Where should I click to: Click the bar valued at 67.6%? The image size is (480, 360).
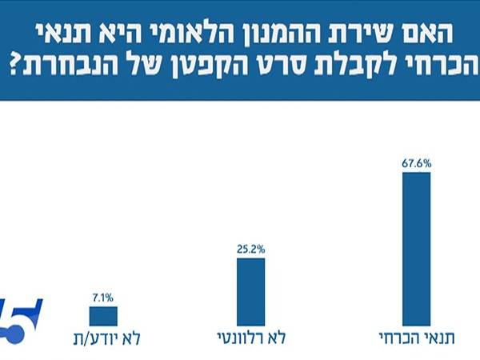[x=416, y=248]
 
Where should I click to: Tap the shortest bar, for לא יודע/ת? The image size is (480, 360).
[x=103, y=315]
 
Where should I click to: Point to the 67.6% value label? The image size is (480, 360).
[x=416, y=163]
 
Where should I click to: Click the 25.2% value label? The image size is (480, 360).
[x=251, y=249]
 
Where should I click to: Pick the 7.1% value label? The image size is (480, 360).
[x=103, y=298]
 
